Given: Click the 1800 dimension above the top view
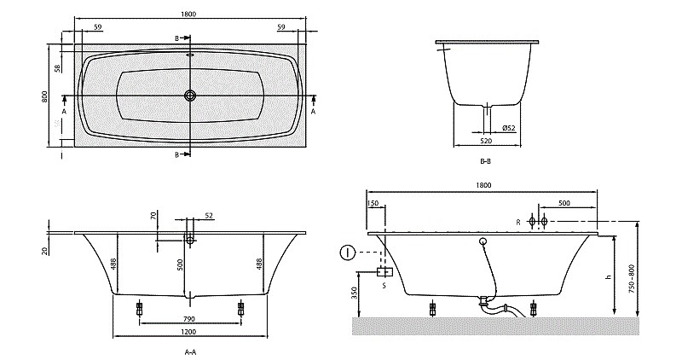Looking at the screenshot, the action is pos(188,14).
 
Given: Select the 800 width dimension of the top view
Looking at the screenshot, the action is pos(44,96).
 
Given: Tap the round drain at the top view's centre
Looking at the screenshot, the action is pos(190,96).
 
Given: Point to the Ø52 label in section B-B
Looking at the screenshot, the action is pos(508,128).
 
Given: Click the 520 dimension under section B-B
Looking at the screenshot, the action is pos(486,141).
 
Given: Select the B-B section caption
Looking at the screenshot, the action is pos(485,161).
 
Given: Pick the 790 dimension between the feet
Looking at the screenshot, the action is pos(189,319).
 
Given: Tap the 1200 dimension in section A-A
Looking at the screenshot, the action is pos(188,332).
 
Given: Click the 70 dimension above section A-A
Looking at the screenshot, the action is pos(153,216).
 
